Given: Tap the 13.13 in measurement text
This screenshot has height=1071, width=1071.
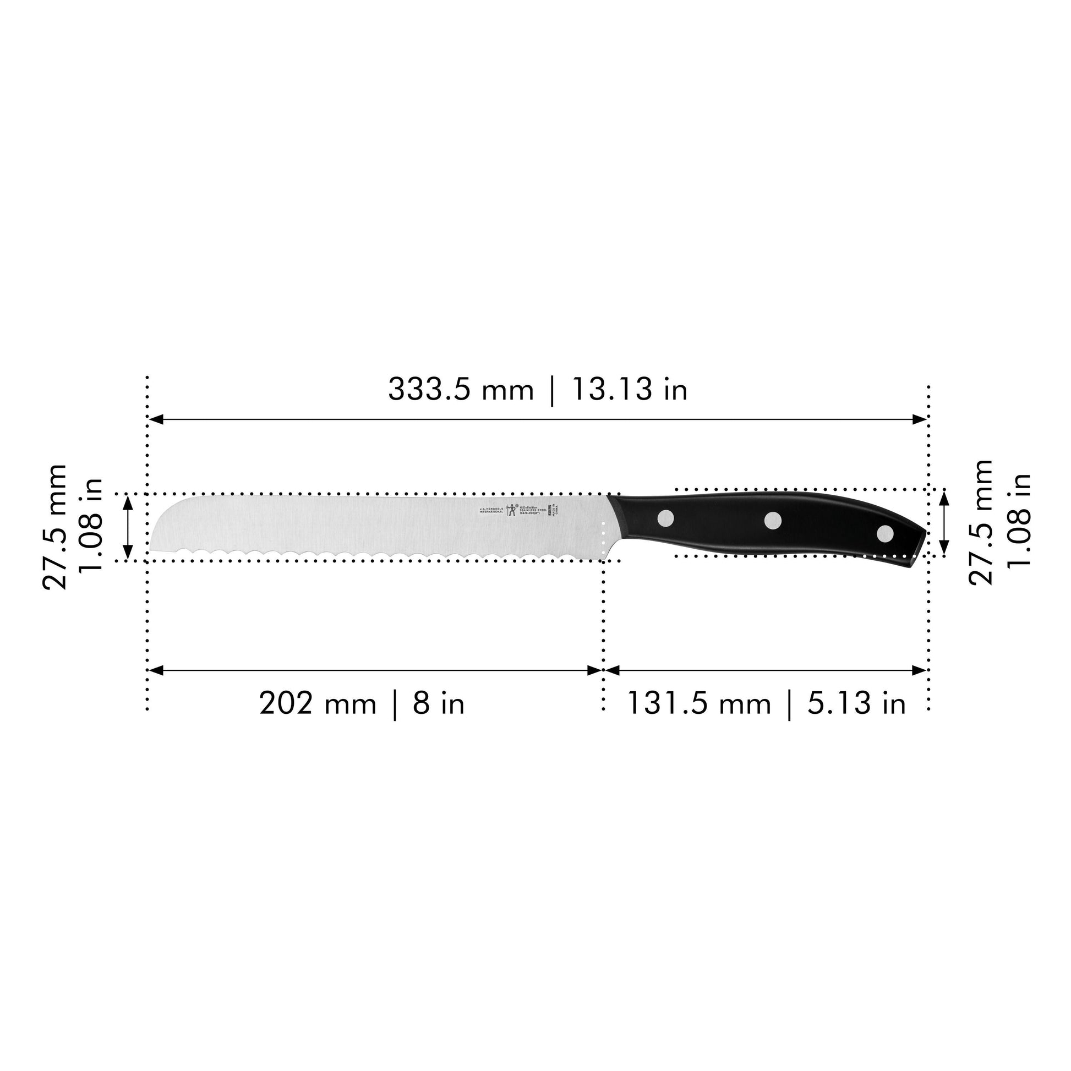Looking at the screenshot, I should point(629,389).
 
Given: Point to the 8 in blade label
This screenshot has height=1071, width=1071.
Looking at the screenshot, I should point(438,704).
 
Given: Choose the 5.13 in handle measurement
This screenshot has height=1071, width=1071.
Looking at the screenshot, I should point(856,704).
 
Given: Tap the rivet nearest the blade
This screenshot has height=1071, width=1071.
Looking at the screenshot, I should point(665,518).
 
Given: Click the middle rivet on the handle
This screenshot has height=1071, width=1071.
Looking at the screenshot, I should point(773,520).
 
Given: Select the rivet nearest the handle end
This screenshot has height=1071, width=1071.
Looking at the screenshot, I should point(885,534).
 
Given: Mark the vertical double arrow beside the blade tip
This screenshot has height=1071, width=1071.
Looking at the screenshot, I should point(128,527).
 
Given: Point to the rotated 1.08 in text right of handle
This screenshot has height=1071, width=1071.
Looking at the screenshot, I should point(1019,520).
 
